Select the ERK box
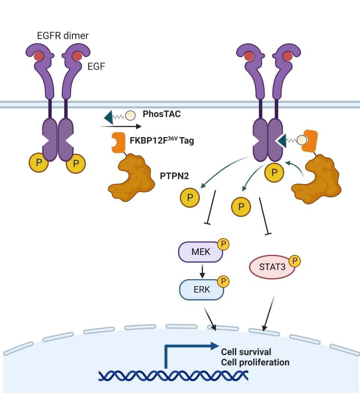pos(202,289)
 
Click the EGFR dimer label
pos(62,36)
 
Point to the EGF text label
pos(97,67)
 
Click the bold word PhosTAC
pos(162,114)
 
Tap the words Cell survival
pos(246,352)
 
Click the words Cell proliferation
pos(255,362)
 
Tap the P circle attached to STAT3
pos(295,261)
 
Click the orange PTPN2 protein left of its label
pos(131,174)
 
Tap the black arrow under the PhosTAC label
pos(120,127)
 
